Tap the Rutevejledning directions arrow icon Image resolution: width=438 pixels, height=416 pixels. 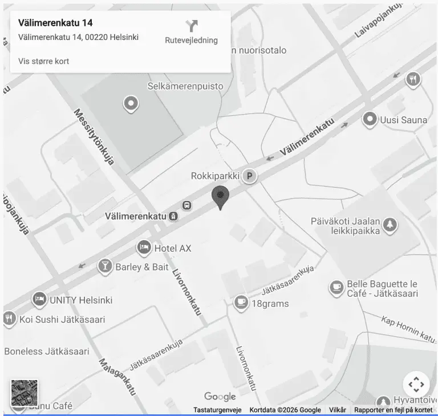(192, 26)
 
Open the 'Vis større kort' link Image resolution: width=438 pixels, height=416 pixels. (44, 61)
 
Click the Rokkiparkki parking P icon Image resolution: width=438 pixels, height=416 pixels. (249, 176)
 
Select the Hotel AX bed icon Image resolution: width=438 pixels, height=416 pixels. (144, 248)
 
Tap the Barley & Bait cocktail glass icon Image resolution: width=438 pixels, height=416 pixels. (105, 266)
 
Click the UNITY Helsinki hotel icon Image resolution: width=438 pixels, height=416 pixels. (39, 299)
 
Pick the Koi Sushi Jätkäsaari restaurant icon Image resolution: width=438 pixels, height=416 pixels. (9, 319)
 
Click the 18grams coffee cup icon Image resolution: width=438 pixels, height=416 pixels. (241, 303)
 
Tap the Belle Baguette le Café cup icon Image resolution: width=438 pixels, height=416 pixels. (336, 288)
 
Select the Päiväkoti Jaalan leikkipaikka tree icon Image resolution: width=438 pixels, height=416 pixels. (390, 225)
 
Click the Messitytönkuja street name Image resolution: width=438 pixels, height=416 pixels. (94, 137)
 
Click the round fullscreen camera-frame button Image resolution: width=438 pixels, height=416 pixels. (416, 384)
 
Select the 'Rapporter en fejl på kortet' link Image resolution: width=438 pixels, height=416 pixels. (393, 410)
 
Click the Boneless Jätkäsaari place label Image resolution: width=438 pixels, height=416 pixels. (47, 351)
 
